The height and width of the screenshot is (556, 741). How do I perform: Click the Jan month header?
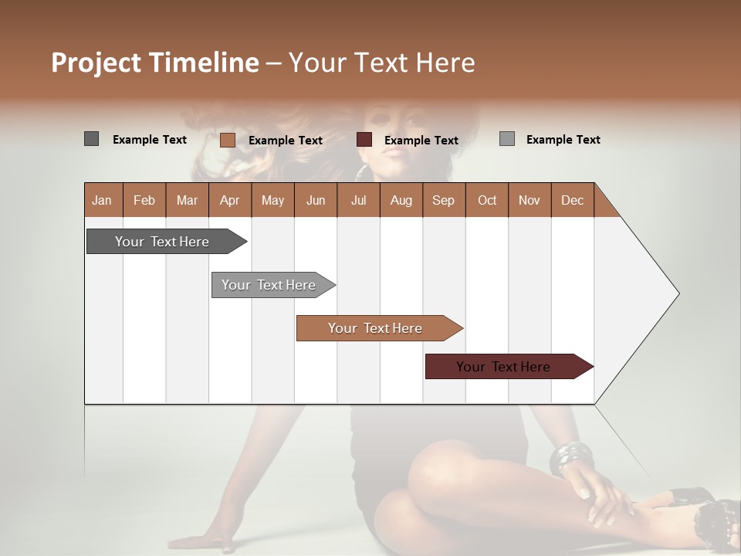[102, 200]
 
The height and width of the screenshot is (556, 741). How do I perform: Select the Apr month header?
[229, 200]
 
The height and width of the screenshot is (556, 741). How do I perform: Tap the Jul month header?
[358, 200]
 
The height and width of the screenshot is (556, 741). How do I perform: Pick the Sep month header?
[443, 200]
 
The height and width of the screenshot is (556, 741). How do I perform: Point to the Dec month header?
[572, 200]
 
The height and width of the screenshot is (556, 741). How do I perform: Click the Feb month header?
[144, 200]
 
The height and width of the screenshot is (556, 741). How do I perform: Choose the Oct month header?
[487, 200]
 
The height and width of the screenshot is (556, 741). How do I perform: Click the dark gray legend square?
[91, 139]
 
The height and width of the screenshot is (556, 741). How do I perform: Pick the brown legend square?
[227, 140]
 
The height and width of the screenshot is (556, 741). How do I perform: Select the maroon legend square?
[364, 139]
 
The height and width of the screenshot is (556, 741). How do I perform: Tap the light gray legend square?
[506, 139]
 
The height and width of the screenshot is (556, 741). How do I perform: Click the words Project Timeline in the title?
[154, 63]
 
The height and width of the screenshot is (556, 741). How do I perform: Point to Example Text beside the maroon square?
[421, 140]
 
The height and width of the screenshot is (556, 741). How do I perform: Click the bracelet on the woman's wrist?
[571, 457]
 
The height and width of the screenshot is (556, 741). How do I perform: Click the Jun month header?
[315, 200]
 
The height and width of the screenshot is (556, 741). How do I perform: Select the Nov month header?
[529, 200]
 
